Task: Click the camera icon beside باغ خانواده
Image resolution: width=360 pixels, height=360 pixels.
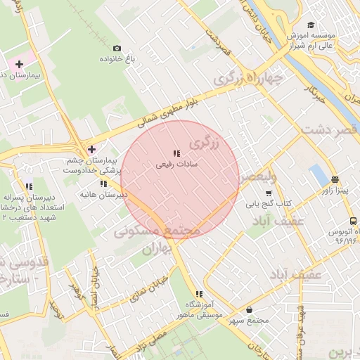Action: point(127,47)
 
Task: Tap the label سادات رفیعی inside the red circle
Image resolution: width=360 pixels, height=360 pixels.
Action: point(176,164)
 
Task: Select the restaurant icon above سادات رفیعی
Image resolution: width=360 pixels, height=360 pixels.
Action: point(176,153)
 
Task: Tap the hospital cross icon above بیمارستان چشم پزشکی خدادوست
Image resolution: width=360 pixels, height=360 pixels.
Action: point(91,149)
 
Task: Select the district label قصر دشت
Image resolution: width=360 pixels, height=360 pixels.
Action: point(330,130)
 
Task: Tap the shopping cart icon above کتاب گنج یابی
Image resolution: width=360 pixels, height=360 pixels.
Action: point(268,193)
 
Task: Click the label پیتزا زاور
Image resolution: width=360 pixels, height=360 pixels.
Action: point(335,190)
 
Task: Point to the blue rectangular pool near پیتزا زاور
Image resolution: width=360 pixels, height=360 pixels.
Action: point(319,175)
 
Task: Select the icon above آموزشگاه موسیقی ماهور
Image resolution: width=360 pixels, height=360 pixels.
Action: point(199,294)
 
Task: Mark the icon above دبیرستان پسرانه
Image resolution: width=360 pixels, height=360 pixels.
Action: point(29,187)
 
